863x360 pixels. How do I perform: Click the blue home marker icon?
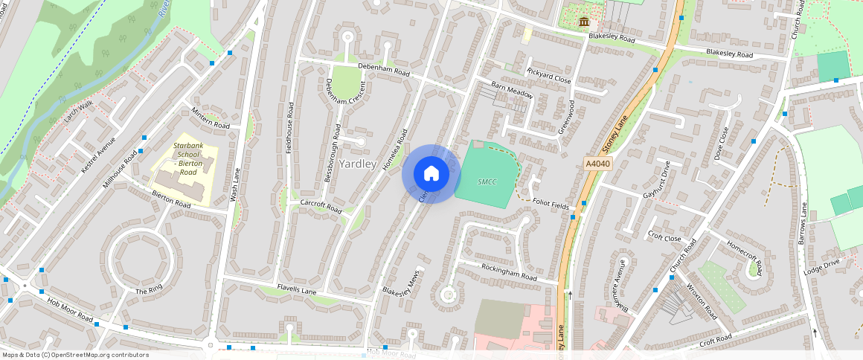click(431, 174)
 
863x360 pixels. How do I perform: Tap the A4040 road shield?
click(597, 164)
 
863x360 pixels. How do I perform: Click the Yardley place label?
click(358, 164)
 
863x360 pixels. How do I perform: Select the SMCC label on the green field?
click(487, 181)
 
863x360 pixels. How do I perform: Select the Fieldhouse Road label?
click(289, 127)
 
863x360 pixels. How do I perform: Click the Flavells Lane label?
click(297, 290)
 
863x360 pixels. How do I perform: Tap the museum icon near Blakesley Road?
click(584, 21)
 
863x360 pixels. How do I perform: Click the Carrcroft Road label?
click(321, 206)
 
